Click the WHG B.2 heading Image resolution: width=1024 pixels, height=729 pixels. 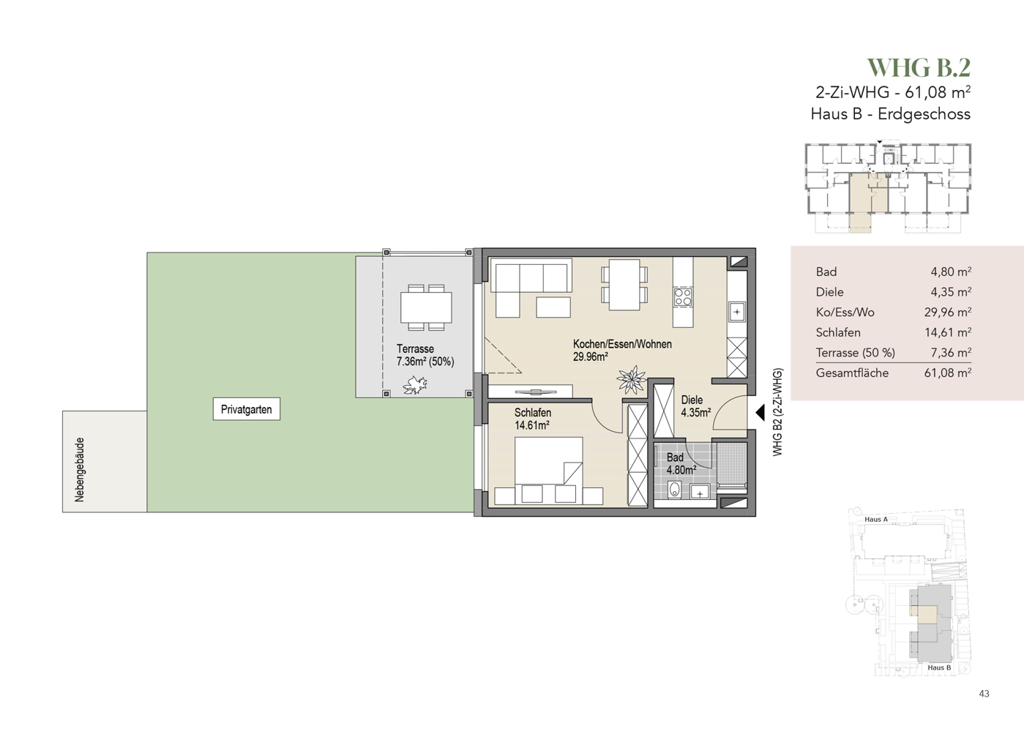pyautogui.click(x=919, y=68)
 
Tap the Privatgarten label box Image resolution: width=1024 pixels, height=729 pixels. pyautogui.click(x=247, y=409)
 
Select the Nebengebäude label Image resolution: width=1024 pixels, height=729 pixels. pyautogui.click(x=80, y=470)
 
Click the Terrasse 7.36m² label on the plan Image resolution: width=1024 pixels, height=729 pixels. pyautogui.click(x=425, y=355)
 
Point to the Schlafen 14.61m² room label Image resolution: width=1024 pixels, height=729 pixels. pyautogui.click(x=533, y=419)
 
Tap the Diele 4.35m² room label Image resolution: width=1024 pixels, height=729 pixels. pyautogui.click(x=696, y=406)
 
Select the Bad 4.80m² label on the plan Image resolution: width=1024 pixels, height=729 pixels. pyautogui.click(x=681, y=463)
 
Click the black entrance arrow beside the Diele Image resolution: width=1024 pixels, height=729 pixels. pyautogui.click(x=760, y=413)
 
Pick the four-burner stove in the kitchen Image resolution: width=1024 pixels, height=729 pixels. pyautogui.click(x=683, y=297)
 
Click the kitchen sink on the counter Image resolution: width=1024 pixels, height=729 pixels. pyautogui.click(x=737, y=313)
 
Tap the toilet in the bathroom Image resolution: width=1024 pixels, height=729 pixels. pyautogui.click(x=674, y=490)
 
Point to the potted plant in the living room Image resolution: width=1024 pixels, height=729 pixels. pyautogui.click(x=632, y=379)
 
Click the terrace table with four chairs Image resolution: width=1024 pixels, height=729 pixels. pyautogui.click(x=426, y=307)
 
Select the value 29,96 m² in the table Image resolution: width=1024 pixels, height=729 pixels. pyautogui.click(x=948, y=312)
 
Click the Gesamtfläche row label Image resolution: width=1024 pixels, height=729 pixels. pyautogui.click(x=852, y=373)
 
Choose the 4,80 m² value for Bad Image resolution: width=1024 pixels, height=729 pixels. pyautogui.click(x=951, y=272)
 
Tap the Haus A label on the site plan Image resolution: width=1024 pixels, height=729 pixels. pyautogui.click(x=876, y=520)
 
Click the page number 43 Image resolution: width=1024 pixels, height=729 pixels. pyautogui.click(x=984, y=694)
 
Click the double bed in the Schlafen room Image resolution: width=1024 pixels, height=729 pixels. pyautogui.click(x=548, y=471)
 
